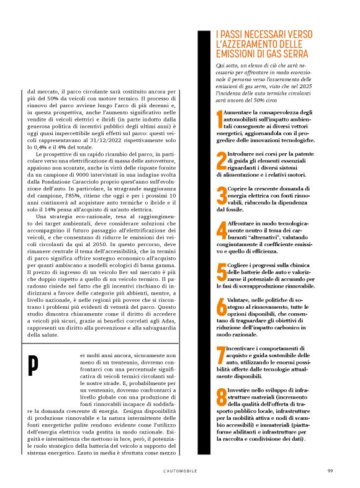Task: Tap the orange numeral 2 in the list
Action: tap(221, 161)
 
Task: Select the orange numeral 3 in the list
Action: tap(221, 195)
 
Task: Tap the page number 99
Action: tap(330, 471)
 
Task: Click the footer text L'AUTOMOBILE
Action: tap(180, 471)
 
